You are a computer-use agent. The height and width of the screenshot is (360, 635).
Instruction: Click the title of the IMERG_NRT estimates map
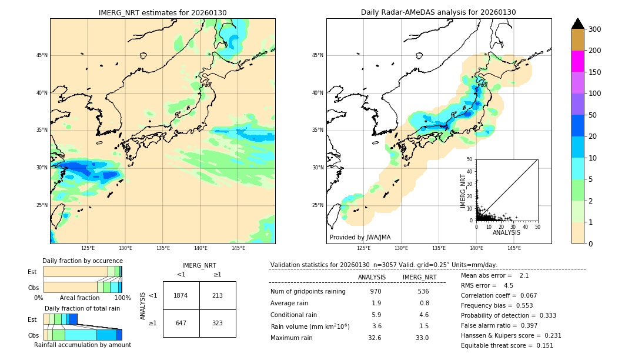162,12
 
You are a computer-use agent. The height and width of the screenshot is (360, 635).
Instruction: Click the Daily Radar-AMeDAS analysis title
438,12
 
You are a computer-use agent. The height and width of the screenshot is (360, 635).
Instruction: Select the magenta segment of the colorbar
577,61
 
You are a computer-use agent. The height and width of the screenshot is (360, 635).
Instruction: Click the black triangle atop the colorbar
577,24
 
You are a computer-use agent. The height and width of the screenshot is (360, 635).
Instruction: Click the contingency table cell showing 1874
181,295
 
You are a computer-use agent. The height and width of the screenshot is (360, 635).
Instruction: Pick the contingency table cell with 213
218,295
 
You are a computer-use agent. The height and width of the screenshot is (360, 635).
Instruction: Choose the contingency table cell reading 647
181,323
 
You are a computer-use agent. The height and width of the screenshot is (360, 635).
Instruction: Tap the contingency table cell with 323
218,323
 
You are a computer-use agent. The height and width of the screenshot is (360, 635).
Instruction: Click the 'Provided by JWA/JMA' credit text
360,238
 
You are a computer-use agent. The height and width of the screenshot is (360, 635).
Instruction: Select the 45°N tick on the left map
42,55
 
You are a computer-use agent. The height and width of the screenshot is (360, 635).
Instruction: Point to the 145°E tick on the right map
514,248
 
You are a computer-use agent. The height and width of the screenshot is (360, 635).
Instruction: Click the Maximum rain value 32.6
375,338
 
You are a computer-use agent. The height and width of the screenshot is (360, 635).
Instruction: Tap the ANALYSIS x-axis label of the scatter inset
506,232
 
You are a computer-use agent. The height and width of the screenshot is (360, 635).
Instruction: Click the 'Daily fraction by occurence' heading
82,261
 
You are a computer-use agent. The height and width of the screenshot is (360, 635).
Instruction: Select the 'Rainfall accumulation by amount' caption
82,345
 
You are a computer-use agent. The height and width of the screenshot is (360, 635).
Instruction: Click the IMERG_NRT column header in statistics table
419,277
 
